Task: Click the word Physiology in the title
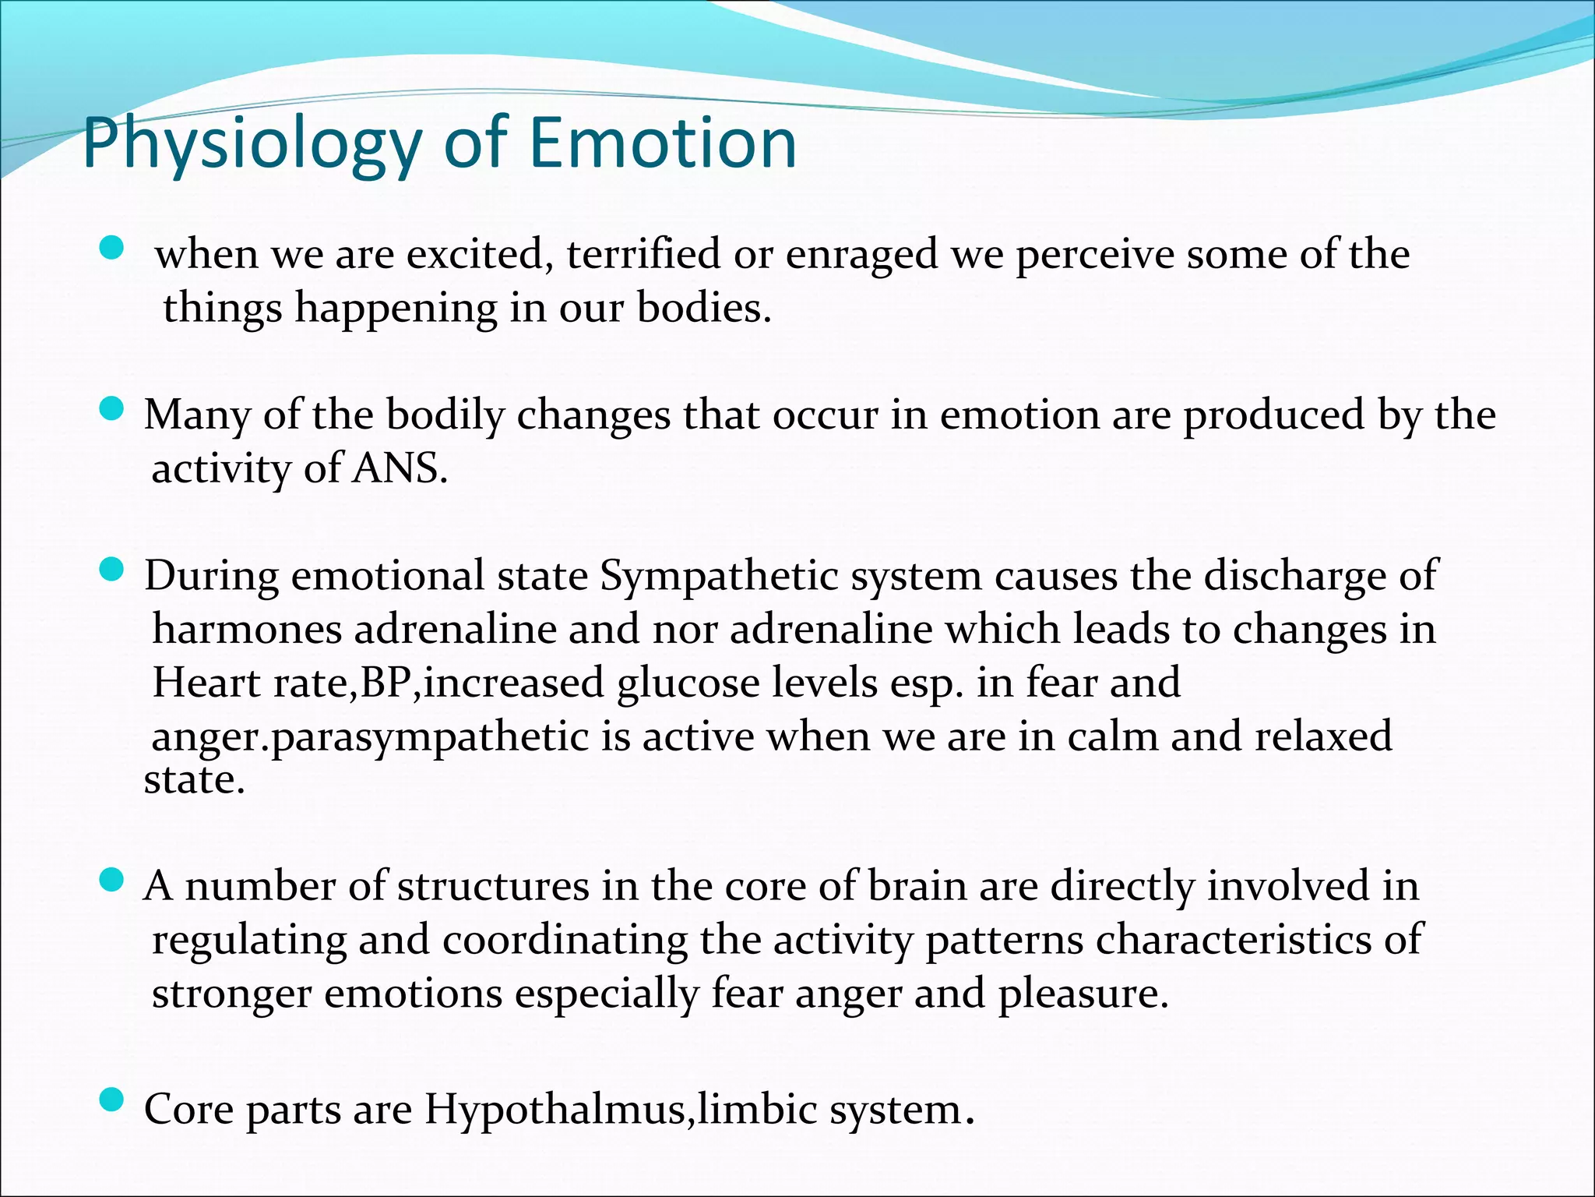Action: [251, 144]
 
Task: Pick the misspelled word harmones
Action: [247, 630]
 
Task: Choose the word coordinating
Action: [565, 941]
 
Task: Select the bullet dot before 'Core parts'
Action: [112, 1100]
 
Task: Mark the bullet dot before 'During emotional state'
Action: [112, 569]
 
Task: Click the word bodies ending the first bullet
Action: [703, 308]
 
